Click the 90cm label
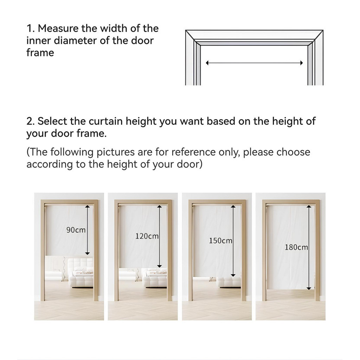click(76, 230)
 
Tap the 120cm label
click(147, 236)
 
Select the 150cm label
click(220, 240)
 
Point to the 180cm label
click(296, 247)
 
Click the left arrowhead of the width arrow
click(207, 63)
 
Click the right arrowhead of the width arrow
click(301, 63)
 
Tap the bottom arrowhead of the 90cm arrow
click(88, 253)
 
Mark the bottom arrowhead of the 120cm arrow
click(159, 266)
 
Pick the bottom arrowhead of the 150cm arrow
click(233, 275)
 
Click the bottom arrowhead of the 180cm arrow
click(309, 288)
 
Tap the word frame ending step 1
click(40, 53)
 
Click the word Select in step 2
click(52, 121)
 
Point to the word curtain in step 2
click(105, 121)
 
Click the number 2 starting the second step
click(29, 121)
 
